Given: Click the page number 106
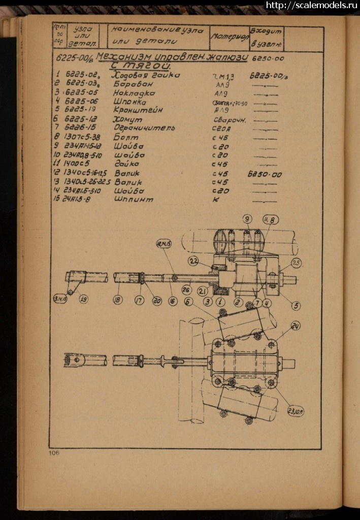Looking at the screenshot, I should tap(54, 452).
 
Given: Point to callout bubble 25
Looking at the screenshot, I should tap(297, 263).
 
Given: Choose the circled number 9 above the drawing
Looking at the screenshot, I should tap(247, 219).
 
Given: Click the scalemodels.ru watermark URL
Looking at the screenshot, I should tap(312, 5).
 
